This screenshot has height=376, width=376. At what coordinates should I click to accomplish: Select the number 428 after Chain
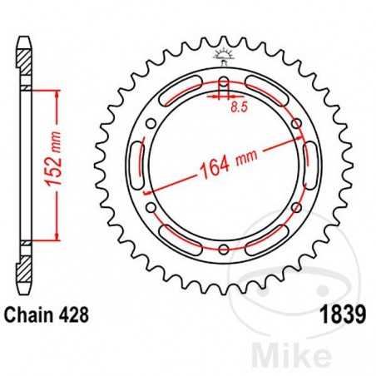pyautogui.click(x=74, y=316)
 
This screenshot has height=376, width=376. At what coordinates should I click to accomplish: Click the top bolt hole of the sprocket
pyautogui.click(x=222, y=83)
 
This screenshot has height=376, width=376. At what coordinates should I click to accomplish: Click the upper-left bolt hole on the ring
pyautogui.click(x=151, y=124)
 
